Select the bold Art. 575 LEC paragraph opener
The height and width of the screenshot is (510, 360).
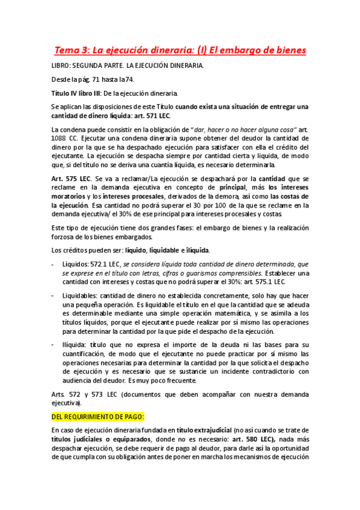click(x=70, y=179)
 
